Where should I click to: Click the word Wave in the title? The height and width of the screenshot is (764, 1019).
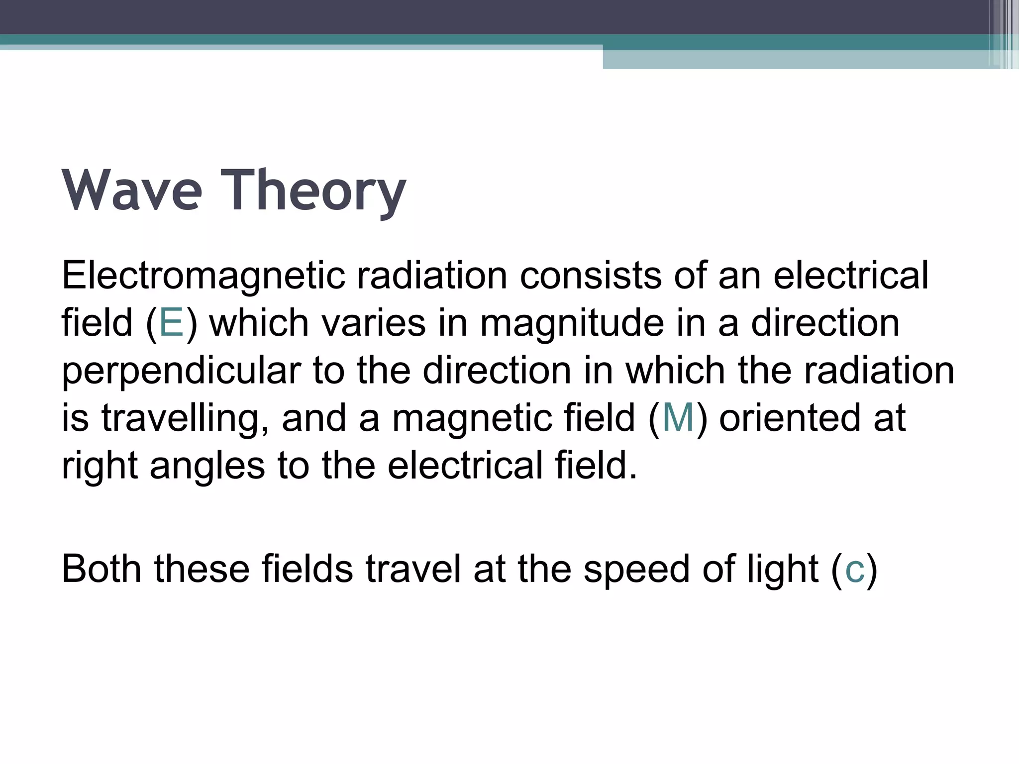[x=132, y=191]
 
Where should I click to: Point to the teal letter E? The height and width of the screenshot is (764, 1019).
[x=171, y=323]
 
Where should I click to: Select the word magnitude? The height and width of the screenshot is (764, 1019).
[x=572, y=324]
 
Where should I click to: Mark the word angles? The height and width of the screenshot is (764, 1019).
[x=207, y=466]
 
